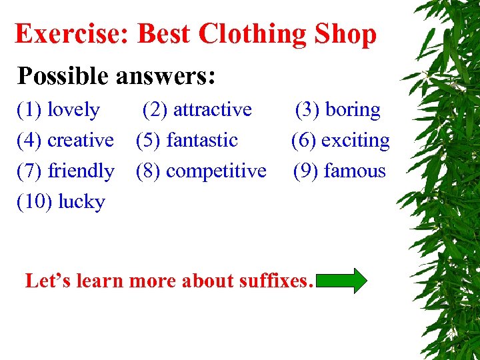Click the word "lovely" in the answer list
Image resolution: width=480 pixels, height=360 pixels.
coord(73,109)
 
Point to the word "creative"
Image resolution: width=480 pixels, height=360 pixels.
coord(81,140)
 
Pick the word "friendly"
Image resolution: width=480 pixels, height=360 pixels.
coord(81,171)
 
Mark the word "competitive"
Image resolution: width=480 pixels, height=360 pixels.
coord(216,171)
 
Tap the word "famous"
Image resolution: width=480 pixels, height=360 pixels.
coord(354,171)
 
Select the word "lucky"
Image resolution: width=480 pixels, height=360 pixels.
coord(81,201)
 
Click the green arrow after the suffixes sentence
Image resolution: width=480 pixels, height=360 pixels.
coord(342,281)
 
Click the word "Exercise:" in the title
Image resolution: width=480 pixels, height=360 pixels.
coord(72,34)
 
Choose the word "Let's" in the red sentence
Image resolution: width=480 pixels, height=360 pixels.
coord(49,281)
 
